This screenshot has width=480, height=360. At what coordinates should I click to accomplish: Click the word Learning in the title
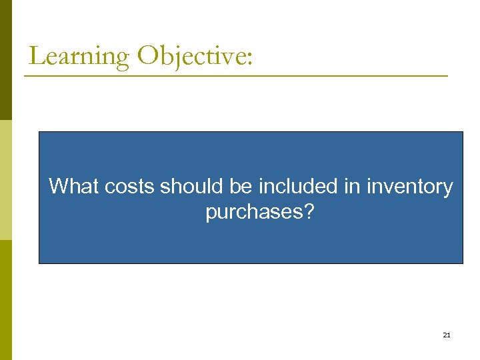tap(79, 56)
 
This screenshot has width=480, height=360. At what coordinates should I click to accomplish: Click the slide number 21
tap(447, 335)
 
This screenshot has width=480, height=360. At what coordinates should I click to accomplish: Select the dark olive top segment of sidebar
tap(5, 60)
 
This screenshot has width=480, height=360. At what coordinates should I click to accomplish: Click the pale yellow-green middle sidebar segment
tap(5, 180)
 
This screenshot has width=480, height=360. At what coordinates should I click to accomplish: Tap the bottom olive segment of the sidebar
tap(5, 300)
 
